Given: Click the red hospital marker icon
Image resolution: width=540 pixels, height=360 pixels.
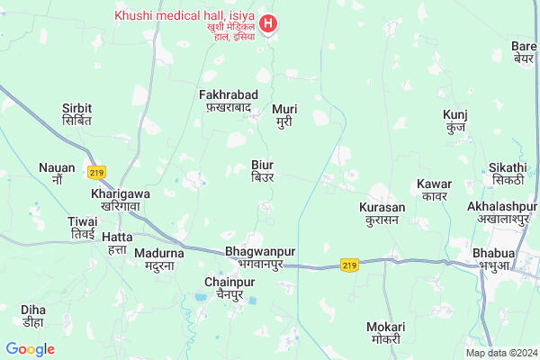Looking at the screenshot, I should click(x=268, y=22).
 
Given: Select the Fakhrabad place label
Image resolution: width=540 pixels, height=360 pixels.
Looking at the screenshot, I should click(x=228, y=100).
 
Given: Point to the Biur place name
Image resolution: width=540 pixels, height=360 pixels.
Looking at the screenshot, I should click(x=263, y=170).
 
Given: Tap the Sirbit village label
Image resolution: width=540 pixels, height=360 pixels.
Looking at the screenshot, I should click(x=77, y=114).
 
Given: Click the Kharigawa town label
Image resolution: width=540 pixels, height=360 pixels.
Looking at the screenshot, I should click(x=121, y=199).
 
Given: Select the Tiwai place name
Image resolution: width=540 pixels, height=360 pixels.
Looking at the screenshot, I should click(x=83, y=228).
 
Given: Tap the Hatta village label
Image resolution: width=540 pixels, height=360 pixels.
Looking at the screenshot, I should click(x=117, y=243).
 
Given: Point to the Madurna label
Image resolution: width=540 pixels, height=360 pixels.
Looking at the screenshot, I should click(x=158, y=259).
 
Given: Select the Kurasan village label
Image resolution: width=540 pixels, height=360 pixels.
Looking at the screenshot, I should click(x=382, y=212).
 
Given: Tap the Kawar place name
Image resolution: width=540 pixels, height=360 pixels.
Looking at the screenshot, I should click(x=434, y=189).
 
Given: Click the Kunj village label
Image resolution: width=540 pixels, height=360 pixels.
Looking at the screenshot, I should click(x=456, y=121).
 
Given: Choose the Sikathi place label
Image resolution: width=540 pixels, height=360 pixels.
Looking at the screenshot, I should click(x=508, y=173).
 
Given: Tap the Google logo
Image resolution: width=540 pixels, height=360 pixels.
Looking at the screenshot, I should click(x=30, y=348).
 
